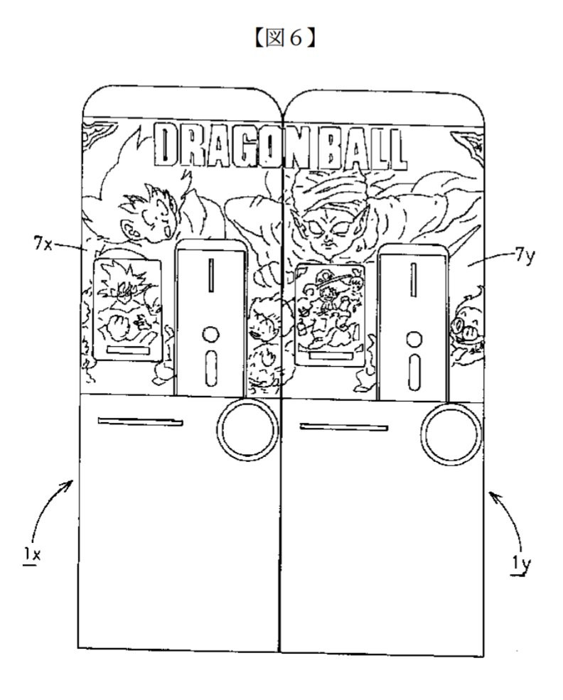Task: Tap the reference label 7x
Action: point(43,244)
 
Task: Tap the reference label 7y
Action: point(524,257)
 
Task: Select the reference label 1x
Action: point(32,555)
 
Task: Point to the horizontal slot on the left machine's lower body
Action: point(140,421)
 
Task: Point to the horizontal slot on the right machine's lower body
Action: point(344,427)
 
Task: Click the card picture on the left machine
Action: point(127,310)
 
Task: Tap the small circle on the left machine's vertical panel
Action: point(210,335)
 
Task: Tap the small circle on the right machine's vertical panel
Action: point(414,339)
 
